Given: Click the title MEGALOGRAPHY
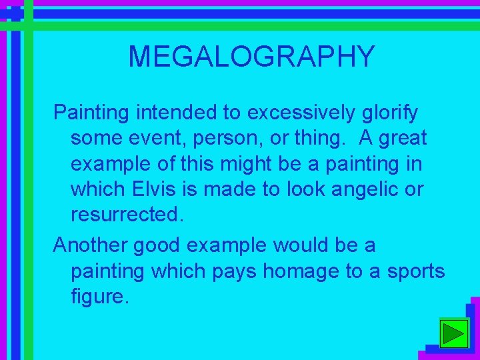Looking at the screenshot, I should (x=251, y=57).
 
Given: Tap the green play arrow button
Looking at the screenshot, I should (x=455, y=333).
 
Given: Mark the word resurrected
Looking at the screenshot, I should (x=125, y=215).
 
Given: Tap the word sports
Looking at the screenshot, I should (x=413, y=272).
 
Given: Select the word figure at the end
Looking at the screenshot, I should (x=98, y=297).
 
